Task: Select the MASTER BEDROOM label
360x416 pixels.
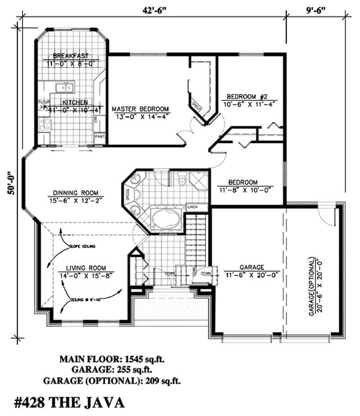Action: point(140,109)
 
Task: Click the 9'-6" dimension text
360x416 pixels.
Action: point(317,9)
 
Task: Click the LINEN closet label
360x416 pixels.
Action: point(193,207)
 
